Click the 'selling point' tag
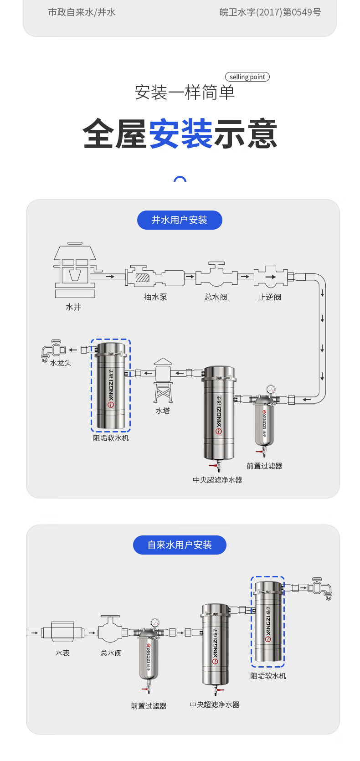(247, 77)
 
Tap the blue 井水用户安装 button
(180, 220)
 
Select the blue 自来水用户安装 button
(180, 545)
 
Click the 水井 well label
(73, 307)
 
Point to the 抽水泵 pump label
(155, 297)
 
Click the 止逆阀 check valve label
(270, 297)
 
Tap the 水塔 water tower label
(163, 411)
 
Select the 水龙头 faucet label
(61, 363)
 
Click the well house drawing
(75, 270)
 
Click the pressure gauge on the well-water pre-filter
(271, 389)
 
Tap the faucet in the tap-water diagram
(321, 588)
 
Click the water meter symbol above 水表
(62, 632)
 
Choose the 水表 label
(63, 653)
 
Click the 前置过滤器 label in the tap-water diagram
(149, 706)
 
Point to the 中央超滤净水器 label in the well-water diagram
(217, 480)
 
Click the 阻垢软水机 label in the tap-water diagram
(268, 676)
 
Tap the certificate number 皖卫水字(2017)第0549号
(270, 12)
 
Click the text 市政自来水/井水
(82, 12)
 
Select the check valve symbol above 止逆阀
(271, 276)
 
